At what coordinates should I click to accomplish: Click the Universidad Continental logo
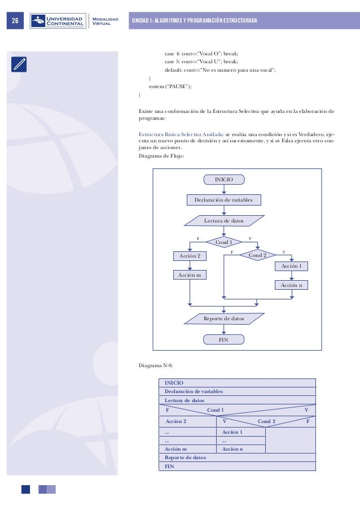coord(59,21)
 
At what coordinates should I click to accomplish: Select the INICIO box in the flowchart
coord(225,180)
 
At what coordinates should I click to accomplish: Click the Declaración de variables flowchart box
coord(224,199)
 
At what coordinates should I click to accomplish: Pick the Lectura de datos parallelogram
coord(224,220)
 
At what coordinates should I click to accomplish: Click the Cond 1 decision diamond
coord(224,242)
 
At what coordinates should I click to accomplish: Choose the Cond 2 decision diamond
coord(257,255)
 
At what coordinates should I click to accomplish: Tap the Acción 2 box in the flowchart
coord(190,256)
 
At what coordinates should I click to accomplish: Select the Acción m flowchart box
coord(190,275)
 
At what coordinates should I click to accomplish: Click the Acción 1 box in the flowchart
coord(292,266)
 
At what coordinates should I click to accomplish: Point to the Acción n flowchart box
coord(292,285)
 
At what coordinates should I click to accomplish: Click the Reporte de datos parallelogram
coord(224,319)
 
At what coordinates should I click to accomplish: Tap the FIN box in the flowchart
coord(224,339)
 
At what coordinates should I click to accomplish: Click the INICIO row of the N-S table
coord(237,383)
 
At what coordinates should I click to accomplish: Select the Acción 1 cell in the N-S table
coord(240,432)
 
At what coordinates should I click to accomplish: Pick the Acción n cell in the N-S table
coord(240,449)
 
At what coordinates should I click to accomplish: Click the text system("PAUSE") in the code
coord(170,86)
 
